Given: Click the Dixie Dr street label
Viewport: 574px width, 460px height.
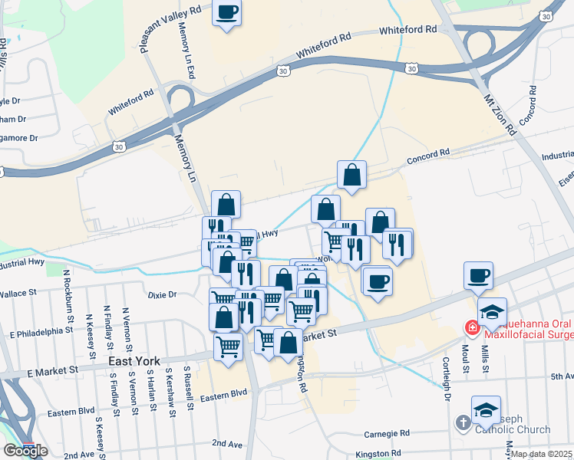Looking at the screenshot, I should click(x=161, y=294).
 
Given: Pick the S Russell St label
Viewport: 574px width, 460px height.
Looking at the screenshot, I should click(x=187, y=389).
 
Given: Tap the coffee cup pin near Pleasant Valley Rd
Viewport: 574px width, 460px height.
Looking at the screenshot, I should click(x=226, y=12).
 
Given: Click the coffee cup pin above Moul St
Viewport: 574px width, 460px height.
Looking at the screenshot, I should click(x=478, y=275).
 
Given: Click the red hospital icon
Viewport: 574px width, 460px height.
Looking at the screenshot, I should click(x=473, y=327).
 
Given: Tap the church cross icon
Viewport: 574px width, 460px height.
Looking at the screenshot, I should click(x=463, y=422).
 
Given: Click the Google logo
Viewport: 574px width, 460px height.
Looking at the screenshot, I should click(x=25, y=451).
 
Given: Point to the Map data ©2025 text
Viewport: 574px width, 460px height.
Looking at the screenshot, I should click(x=542, y=454).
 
